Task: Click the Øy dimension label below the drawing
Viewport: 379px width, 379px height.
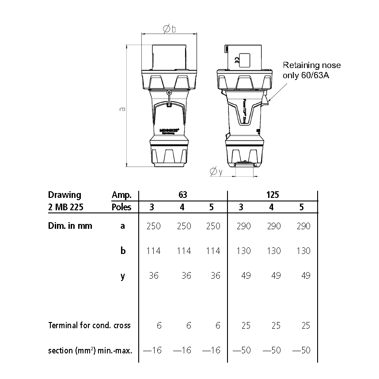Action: point(216,171)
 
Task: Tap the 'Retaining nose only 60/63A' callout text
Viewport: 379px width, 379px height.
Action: point(312,70)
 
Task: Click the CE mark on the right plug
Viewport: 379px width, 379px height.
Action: point(236,61)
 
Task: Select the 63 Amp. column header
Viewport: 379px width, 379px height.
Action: point(183,195)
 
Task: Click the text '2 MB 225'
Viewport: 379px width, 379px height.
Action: point(65,207)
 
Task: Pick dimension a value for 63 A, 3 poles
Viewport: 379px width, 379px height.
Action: point(153,226)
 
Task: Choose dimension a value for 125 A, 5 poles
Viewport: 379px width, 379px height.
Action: point(303,226)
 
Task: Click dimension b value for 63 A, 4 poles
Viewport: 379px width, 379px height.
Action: point(184,251)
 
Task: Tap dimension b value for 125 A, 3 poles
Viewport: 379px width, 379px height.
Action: point(243,251)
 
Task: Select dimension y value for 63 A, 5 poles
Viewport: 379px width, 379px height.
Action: point(215,276)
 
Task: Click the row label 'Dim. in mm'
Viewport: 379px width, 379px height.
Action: point(70,226)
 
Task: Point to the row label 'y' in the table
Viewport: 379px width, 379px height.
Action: point(123,276)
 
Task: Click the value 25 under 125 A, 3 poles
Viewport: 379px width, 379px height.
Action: point(246,326)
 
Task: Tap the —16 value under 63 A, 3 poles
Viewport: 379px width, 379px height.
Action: point(152,350)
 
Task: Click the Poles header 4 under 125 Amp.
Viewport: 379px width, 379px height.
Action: point(271,207)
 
